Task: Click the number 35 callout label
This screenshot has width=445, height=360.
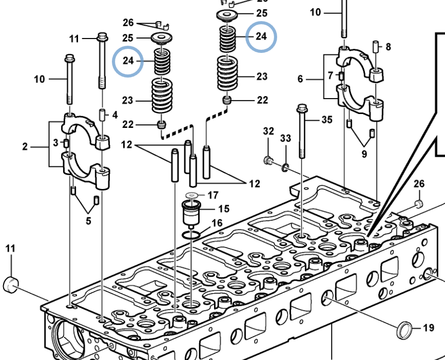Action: click(x=327, y=120)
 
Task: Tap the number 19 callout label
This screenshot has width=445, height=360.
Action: click(x=429, y=328)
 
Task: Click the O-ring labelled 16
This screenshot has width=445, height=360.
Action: click(x=191, y=235)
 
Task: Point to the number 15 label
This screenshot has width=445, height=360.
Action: click(x=224, y=209)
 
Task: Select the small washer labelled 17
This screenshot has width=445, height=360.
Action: click(x=192, y=195)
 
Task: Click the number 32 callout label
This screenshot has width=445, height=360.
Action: click(x=268, y=131)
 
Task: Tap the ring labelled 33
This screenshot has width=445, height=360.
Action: click(x=285, y=167)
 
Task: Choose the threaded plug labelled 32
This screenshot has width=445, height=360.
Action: click(x=268, y=160)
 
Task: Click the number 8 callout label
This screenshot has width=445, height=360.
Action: click(x=388, y=47)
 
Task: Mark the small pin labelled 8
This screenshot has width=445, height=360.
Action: click(x=376, y=46)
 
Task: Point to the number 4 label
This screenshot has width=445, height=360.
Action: click(x=115, y=115)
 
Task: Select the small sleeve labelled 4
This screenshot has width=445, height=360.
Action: click(x=102, y=115)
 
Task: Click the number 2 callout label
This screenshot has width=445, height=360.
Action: click(x=25, y=146)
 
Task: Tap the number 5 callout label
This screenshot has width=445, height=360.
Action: click(x=89, y=221)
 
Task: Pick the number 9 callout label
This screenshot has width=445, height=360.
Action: click(x=364, y=154)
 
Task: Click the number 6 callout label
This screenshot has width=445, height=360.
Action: click(x=300, y=79)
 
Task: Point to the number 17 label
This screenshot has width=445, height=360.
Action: click(x=213, y=195)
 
